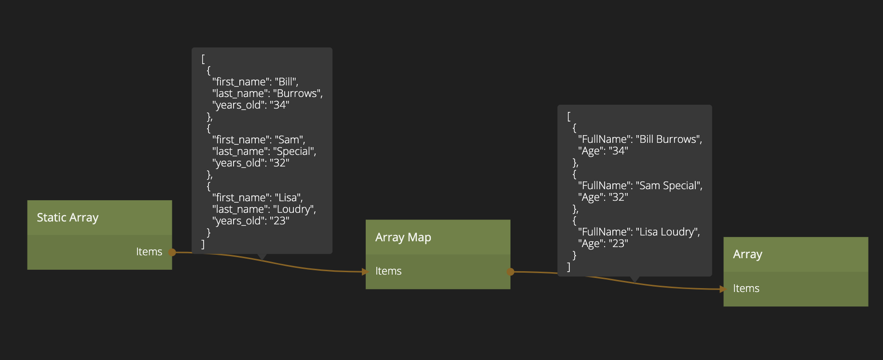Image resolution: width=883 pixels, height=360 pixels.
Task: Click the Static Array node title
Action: [x=68, y=218]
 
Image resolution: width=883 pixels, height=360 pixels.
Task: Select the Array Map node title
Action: [x=403, y=237]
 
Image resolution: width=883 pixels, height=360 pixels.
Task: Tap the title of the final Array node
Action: [x=747, y=254]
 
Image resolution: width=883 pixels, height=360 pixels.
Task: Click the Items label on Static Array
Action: [x=149, y=252]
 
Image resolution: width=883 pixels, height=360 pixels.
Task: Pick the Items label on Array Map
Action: [x=388, y=271]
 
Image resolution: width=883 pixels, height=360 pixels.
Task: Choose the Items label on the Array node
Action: [x=746, y=289]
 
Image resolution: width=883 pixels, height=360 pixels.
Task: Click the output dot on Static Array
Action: [x=172, y=252]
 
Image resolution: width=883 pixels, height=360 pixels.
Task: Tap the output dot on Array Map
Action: [x=510, y=272]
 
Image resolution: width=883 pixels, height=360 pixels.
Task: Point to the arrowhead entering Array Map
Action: [x=365, y=272]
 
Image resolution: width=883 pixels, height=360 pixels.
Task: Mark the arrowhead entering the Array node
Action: [x=722, y=289]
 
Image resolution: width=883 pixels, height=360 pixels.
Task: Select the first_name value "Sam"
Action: [x=289, y=140]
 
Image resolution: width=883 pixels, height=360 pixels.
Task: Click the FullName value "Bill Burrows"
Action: [x=668, y=139]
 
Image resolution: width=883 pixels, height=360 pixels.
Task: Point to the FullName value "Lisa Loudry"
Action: [x=666, y=232]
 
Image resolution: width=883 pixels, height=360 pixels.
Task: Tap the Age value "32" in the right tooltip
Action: [x=618, y=197]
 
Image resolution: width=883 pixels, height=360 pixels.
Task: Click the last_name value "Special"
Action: [x=293, y=152]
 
